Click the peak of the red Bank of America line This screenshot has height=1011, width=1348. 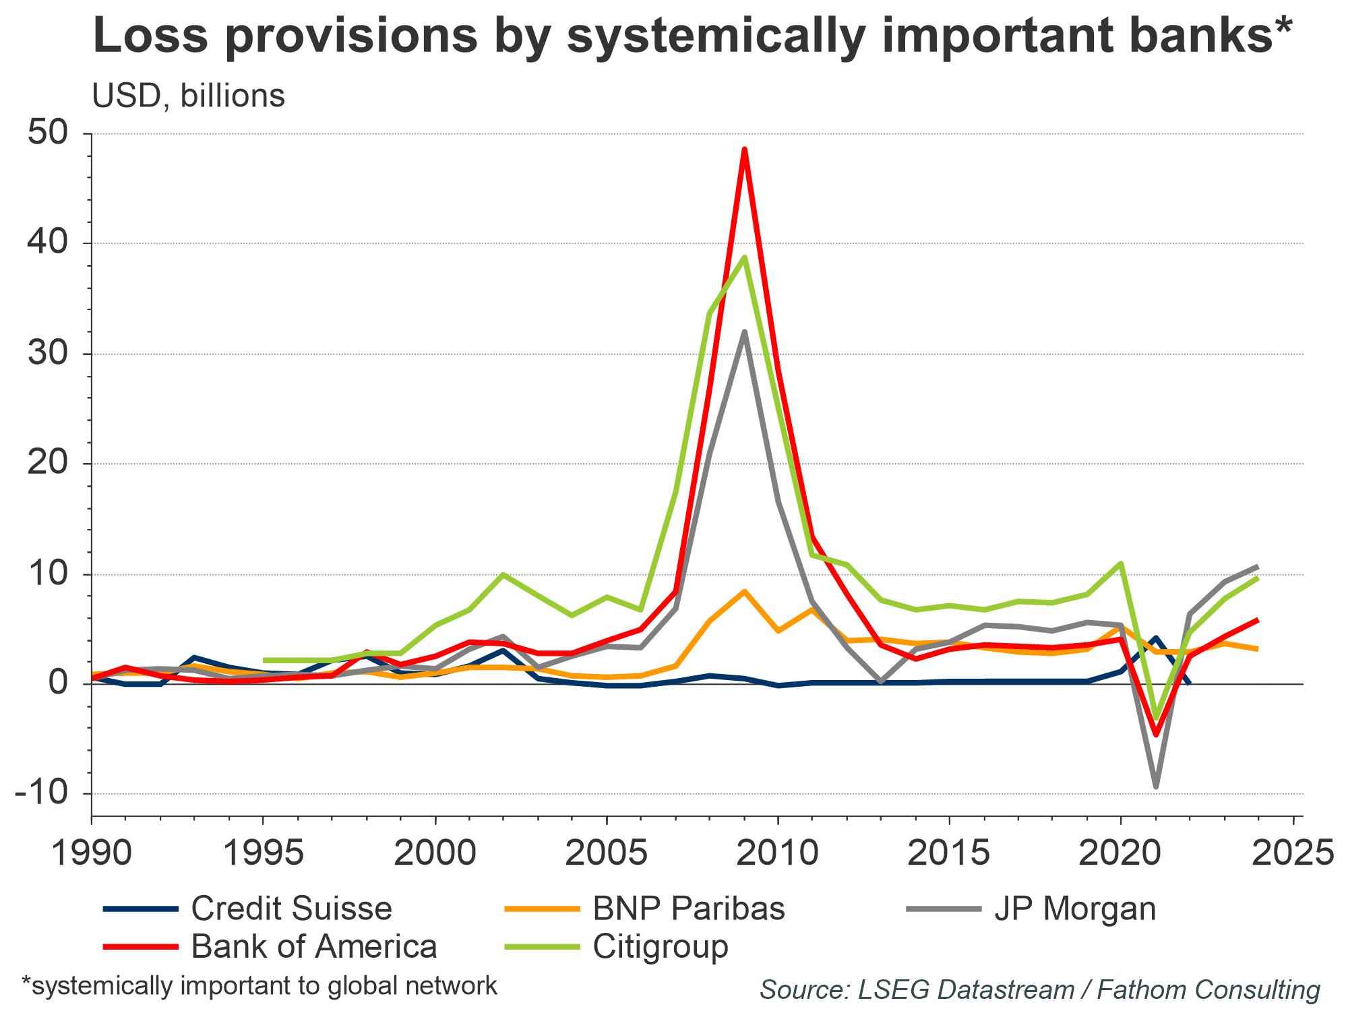pos(744,149)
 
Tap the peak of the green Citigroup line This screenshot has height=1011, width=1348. pos(744,257)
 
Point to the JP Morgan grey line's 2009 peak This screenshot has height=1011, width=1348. pos(744,332)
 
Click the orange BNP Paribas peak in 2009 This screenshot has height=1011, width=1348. pos(744,591)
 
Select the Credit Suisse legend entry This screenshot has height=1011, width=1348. pos(291,909)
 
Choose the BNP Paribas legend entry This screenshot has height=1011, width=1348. pos(689,909)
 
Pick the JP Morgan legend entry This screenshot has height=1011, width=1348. pos(1075,909)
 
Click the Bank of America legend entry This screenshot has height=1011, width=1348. pos(314,946)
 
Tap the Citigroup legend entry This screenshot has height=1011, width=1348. pos(661,946)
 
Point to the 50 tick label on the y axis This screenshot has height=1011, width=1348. pos(49,133)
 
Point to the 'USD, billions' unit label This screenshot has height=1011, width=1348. pos(188,96)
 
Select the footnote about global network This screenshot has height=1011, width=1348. pos(259,986)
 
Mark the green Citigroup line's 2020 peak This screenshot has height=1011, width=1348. pos(1121,563)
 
